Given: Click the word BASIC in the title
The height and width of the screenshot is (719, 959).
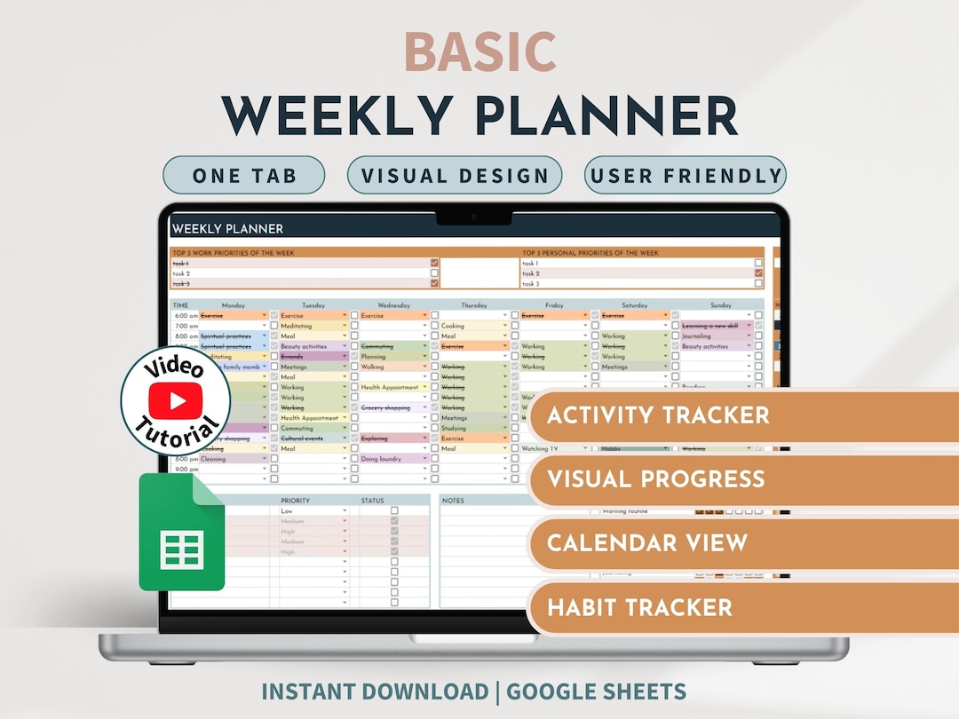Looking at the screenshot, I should (479, 52).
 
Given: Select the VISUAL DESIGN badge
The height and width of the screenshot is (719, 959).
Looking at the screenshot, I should (455, 176).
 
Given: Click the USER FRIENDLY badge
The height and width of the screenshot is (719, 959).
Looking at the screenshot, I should (685, 176).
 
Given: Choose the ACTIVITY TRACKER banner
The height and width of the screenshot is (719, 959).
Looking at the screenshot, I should (658, 415).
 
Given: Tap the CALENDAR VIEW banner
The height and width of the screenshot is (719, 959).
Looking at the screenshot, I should (647, 543).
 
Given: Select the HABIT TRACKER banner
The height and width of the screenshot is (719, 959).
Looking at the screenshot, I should (639, 608).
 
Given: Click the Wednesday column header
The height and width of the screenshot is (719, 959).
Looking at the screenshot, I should (394, 305).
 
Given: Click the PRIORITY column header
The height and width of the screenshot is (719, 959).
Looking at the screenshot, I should (296, 501).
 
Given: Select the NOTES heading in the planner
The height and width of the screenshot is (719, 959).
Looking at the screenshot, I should (454, 501).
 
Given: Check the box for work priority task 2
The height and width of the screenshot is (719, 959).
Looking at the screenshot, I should (434, 273).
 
